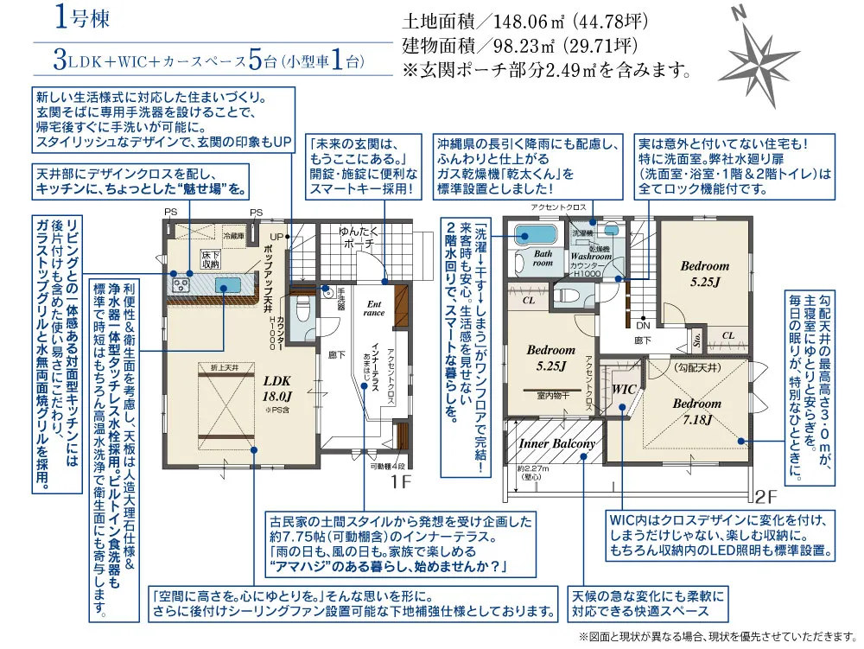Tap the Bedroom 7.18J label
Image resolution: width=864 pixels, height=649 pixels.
click(696, 411)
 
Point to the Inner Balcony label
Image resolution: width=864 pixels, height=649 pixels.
click(557, 443)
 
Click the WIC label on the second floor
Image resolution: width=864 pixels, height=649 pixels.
click(624, 389)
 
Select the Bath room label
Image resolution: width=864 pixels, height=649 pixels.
click(542, 258)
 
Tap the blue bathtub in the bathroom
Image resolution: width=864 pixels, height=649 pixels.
click(534, 232)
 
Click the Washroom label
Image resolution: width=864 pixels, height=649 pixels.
click(591, 257)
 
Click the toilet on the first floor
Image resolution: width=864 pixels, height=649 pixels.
click(302, 309)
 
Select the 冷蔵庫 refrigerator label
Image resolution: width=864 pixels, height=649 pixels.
click(234, 234)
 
